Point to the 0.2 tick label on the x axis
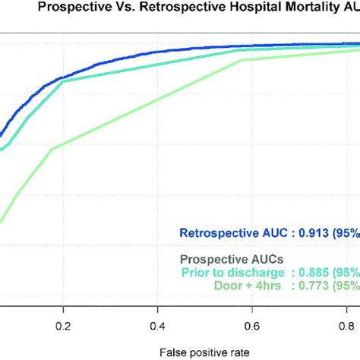(63, 306)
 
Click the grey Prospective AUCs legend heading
(226, 259)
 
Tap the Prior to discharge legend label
(232, 272)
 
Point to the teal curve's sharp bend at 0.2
(64, 81)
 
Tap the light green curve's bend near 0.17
(52, 149)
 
